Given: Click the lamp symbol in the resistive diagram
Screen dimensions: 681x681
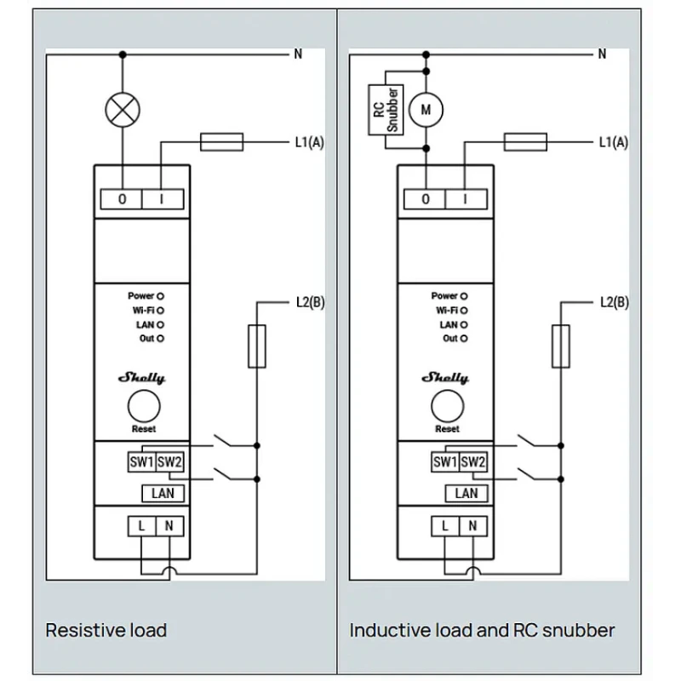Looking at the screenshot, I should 122,108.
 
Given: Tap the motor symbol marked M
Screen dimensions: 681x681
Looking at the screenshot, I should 426,108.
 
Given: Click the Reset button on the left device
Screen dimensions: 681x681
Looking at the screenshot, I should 143,406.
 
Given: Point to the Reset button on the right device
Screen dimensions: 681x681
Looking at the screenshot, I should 447,406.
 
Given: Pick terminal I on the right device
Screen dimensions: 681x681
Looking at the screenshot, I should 466,199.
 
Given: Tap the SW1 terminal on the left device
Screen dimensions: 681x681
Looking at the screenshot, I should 140,462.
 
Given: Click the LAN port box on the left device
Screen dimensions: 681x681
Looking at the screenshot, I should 162,493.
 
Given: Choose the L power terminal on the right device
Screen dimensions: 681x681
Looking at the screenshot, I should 445,526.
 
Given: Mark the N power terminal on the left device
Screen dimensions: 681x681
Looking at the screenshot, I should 169,526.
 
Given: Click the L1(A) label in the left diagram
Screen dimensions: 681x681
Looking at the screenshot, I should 309,142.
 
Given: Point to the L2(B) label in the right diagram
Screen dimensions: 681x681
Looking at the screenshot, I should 614,301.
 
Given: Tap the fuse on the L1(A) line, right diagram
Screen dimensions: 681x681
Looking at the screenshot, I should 525,141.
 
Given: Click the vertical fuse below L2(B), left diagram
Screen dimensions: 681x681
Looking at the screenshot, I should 256,346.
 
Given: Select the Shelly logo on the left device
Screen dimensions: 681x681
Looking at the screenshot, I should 143,377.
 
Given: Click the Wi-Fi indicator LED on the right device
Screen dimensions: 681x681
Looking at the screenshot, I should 464,311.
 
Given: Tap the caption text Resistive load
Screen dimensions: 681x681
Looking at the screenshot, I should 106,631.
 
